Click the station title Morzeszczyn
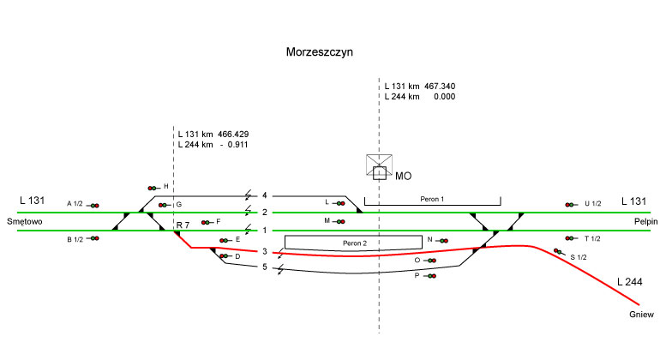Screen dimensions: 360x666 pyautogui.click(x=319, y=52)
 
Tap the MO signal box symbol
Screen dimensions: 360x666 pyautogui.click(x=379, y=167)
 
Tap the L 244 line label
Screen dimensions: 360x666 pyautogui.click(x=630, y=281)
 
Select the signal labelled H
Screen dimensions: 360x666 pyautogui.click(x=153, y=187)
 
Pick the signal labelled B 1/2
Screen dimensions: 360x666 pyautogui.click(x=93, y=238)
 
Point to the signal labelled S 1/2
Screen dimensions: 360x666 pyautogui.click(x=560, y=252)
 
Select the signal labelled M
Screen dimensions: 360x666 pyautogui.click(x=340, y=221)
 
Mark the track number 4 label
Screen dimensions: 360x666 pyautogui.click(x=265, y=195)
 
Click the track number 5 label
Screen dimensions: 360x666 pyautogui.click(x=265, y=267)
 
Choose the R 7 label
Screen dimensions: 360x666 pyautogui.click(x=183, y=225)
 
